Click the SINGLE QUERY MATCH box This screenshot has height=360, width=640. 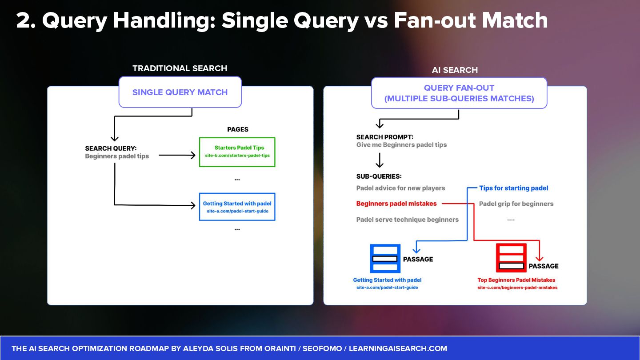coord(180,92)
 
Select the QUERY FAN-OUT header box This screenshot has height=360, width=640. coord(459,93)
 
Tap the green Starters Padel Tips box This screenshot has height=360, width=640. coord(237,152)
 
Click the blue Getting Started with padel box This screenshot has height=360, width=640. coord(237,207)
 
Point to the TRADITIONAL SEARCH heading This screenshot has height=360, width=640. coord(180,68)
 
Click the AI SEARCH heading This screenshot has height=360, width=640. coord(455,70)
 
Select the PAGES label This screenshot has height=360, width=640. coord(237,129)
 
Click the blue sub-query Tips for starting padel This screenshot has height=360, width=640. coord(513,188)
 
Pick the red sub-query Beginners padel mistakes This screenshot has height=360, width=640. coord(396,204)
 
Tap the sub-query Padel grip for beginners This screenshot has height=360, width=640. coord(516,204)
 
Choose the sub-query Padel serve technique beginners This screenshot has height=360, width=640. coord(407,220)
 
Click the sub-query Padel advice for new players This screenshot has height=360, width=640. coord(400,188)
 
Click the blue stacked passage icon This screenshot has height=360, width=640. coord(385,258)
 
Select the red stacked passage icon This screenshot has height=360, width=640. coord(511,258)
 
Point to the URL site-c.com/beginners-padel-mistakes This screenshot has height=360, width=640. coord(517,288)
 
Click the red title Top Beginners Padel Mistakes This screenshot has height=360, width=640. coord(516,280)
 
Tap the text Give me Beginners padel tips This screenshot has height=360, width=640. coord(401,145)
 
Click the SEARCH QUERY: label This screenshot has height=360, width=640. coord(111,148)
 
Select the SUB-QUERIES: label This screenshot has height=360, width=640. coord(379,176)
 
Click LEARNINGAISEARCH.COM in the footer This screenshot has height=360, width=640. coord(398,348)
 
